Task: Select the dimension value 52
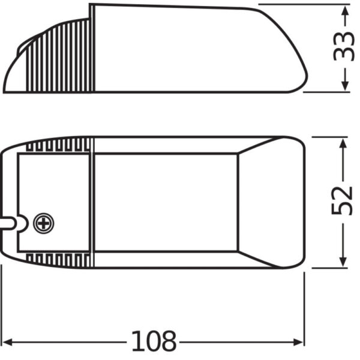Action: (x=342, y=201)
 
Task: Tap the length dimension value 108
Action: (x=154, y=342)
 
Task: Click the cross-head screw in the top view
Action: (x=44, y=224)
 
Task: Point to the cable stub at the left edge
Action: (x=7, y=224)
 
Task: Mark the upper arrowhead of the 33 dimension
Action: (x=344, y=12)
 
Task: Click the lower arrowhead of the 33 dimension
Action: (x=344, y=86)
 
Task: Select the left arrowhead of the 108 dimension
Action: (x=10, y=342)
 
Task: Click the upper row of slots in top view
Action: (x=60, y=145)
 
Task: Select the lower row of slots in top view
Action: (x=60, y=259)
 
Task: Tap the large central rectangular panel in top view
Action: (x=166, y=202)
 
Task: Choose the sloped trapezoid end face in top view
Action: (x=264, y=202)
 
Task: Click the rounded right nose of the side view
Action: (x=297, y=75)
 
